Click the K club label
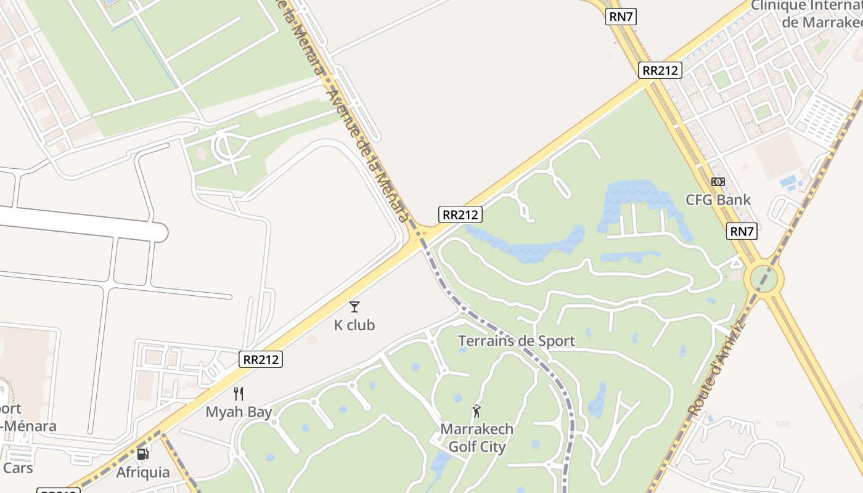[354, 325]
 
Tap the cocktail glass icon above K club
[354, 306]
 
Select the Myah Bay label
[239, 412]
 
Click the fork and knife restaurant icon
[239, 394]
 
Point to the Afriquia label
[143, 473]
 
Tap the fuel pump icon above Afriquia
[142, 455]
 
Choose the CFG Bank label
[718, 200]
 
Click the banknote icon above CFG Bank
[718, 182]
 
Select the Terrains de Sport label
[517, 341]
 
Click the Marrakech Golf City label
[476, 438]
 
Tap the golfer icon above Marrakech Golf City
[476, 411]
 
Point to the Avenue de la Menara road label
[367, 154]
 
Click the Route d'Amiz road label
[716, 370]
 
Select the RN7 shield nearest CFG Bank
[741, 232]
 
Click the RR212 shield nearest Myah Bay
[261, 359]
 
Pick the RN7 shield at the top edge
[621, 17]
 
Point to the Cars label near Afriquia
[18, 468]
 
